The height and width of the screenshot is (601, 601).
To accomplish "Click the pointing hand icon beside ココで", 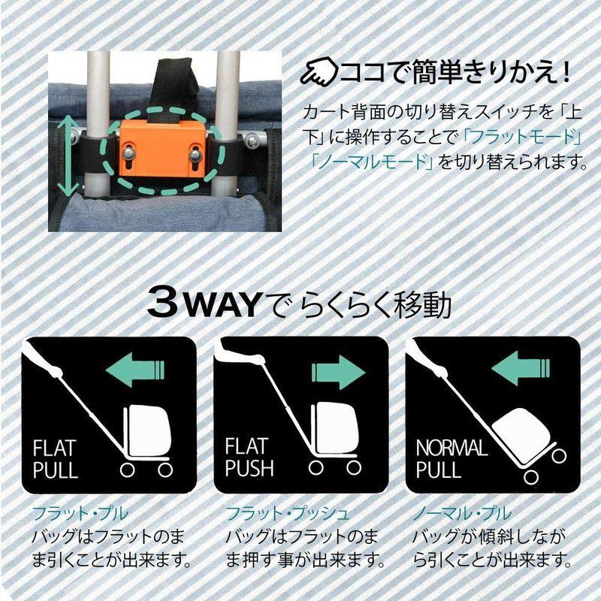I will pyautogui.click(x=318, y=73).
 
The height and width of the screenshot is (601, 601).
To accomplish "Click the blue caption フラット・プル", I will pyautogui.click(x=80, y=515).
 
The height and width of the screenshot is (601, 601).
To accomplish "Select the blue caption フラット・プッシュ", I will pyautogui.click(x=287, y=515).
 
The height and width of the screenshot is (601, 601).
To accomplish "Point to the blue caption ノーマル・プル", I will pyautogui.click(x=462, y=515).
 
